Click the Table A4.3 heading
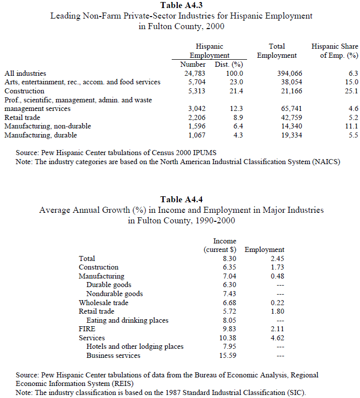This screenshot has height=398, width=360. (181, 6)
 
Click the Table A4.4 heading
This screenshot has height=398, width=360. (181, 200)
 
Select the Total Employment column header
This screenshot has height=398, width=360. (277, 51)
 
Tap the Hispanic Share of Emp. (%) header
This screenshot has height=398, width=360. (334, 51)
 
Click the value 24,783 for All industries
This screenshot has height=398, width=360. (195, 73)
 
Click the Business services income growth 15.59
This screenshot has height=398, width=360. (226, 355)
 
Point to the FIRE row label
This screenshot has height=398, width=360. (87, 329)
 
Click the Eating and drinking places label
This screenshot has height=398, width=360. (127, 320)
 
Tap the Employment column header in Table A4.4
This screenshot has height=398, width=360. (265, 249)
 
